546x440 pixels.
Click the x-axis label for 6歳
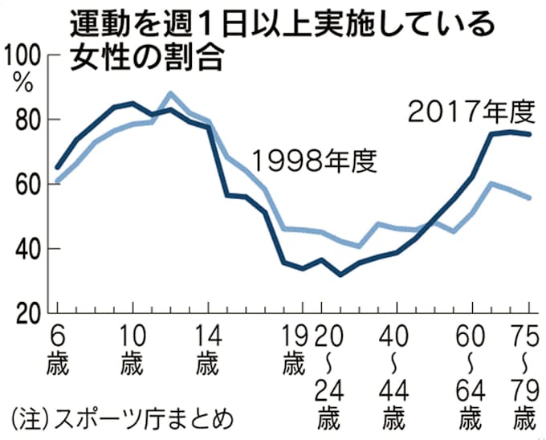pos(58,347)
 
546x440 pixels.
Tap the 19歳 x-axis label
pos(295,347)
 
